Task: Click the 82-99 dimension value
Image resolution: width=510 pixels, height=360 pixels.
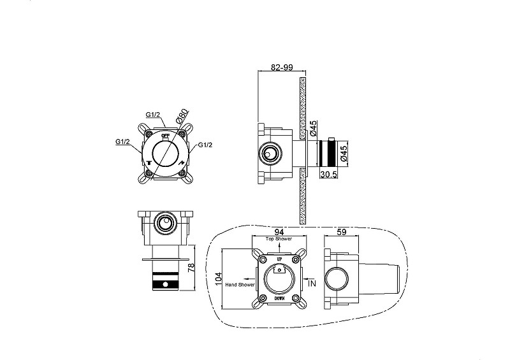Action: [x=282, y=67]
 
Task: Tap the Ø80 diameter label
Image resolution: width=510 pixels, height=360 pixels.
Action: [x=182, y=116]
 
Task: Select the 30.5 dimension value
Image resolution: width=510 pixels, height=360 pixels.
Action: [x=328, y=175]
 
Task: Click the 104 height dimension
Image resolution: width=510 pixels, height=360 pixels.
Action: [x=219, y=279]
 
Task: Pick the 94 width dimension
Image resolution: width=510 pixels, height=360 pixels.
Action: [x=279, y=232]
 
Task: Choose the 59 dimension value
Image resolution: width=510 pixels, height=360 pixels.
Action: [x=342, y=232]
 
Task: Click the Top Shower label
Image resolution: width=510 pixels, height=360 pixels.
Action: [x=279, y=239]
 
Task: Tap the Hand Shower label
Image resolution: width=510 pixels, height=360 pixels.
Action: [x=240, y=285]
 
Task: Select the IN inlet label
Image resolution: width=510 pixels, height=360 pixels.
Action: [x=312, y=284]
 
